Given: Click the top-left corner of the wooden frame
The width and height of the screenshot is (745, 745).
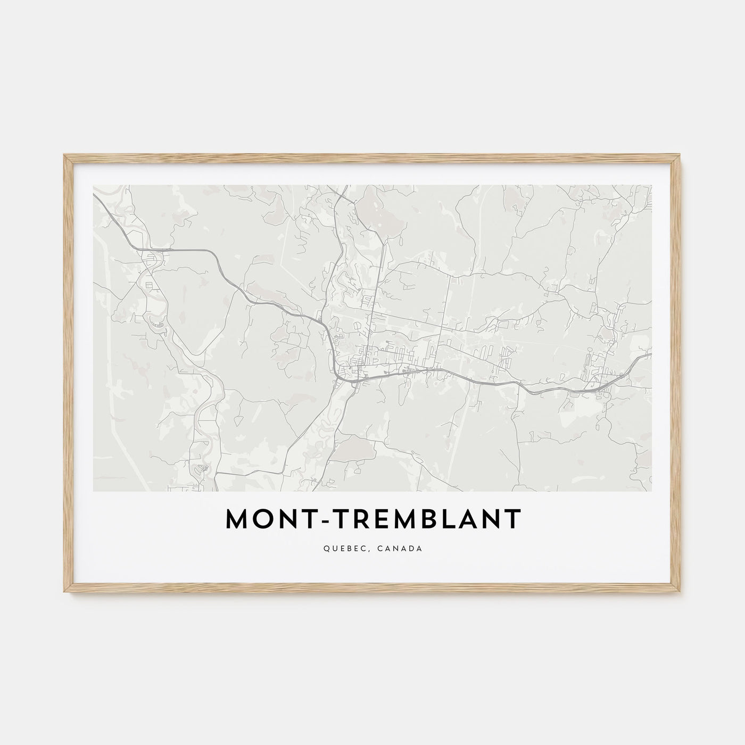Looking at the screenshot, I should (x=64, y=155).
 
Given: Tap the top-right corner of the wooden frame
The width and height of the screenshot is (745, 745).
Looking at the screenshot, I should (x=681, y=155).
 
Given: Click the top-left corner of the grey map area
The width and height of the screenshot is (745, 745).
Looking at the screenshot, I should (x=94, y=185).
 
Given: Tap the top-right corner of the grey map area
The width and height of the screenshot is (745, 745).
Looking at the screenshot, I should (x=652, y=185).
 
